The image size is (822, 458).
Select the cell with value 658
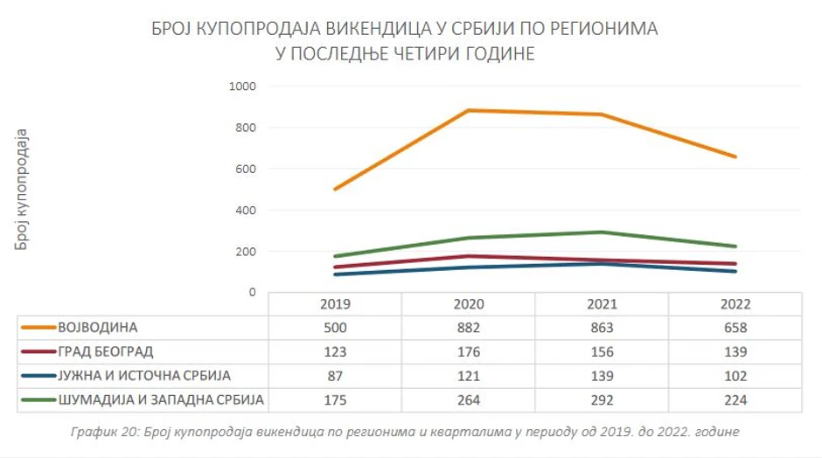click(x=735, y=329)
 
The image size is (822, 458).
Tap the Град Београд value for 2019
click(x=334, y=352)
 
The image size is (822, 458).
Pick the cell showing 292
click(x=602, y=400)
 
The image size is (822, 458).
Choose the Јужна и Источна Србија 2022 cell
click(x=735, y=377)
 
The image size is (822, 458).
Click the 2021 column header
click(x=602, y=305)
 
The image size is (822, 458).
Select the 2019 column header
click(x=334, y=305)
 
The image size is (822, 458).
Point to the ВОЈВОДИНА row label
click(x=98, y=329)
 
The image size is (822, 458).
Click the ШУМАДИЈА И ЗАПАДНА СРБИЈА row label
click(x=161, y=400)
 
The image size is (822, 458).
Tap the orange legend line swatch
click(x=38, y=329)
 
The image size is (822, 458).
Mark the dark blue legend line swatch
click(x=38, y=377)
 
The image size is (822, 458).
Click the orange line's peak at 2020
click(x=468, y=110)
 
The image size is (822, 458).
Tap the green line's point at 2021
click(x=602, y=232)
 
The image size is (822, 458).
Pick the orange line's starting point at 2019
click(x=335, y=189)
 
